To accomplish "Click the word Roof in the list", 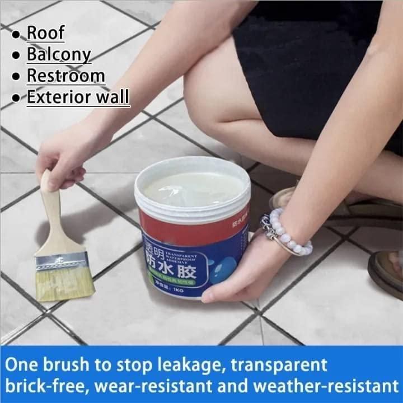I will click(x=46, y=32).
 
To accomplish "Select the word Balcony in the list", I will click(x=59, y=54).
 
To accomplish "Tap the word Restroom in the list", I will click(x=65, y=75).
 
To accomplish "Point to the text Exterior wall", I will click(x=78, y=96).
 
